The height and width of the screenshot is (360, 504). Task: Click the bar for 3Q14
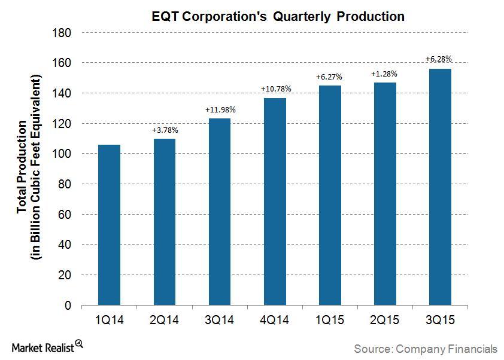pos(220,212)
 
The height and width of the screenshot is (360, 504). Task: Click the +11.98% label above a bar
pos(220,110)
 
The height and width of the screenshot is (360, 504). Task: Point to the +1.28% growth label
pos(385,74)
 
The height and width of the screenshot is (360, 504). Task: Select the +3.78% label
pos(165,130)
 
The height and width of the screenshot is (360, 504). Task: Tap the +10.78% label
pos(275,89)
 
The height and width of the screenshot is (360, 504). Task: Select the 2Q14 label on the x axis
pos(165,321)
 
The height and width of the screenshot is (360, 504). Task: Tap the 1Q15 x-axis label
pos(330,321)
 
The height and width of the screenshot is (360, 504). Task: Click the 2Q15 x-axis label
pos(385,321)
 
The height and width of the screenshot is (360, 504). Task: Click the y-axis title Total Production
pos(22,167)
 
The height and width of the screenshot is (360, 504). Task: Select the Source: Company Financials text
pos(425,348)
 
